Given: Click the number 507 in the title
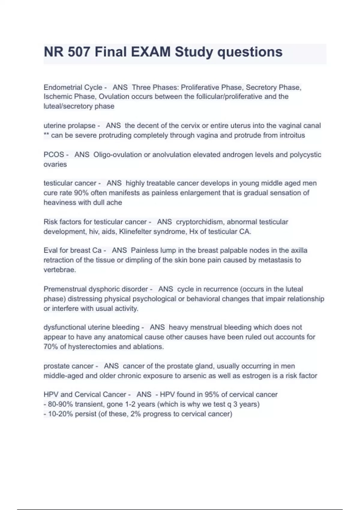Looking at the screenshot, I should pyautogui.click(x=79, y=52).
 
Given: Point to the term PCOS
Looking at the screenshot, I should pyautogui.click(x=54, y=155).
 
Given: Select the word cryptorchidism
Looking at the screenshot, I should pyautogui.click(x=200, y=222).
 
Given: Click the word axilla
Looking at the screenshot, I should pyautogui.click(x=299, y=250).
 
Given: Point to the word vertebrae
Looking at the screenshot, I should pyautogui.click(x=60, y=270).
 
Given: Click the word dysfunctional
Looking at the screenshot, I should pyautogui.click(x=64, y=327).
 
